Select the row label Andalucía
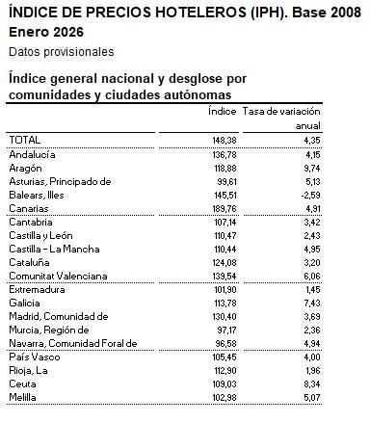tap(33, 154)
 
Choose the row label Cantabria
tap(32, 222)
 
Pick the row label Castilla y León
tap(42, 235)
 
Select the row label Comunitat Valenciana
tap(54, 276)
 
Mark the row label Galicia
tap(26, 303)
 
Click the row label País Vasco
tap(32, 357)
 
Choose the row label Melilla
tap(25, 397)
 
